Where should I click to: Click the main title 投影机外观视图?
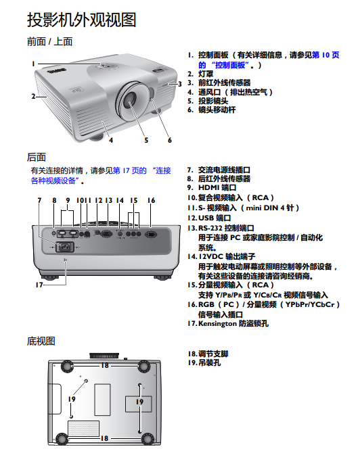coord(82,20)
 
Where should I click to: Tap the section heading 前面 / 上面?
coord(50,41)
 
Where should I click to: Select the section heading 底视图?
coord(41,341)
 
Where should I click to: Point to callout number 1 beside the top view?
coord(34,64)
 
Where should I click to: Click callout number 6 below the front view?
coord(170,140)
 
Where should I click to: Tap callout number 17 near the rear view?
coord(39,285)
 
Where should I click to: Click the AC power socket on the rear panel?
coord(65,247)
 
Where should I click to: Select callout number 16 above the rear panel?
coord(152,200)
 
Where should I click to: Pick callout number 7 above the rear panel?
coord(39,200)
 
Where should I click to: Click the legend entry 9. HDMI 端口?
coord(211,188)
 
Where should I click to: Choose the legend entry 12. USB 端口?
coord(209,218)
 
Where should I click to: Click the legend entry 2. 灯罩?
coord(200,74)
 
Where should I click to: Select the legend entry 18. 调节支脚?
coord(208,354)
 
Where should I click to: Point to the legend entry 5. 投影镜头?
coord(208,101)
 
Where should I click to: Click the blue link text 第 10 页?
coord(325,55)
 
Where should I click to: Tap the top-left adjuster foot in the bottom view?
coord(66,366)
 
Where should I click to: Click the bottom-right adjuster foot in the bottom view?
coord(148,439)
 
